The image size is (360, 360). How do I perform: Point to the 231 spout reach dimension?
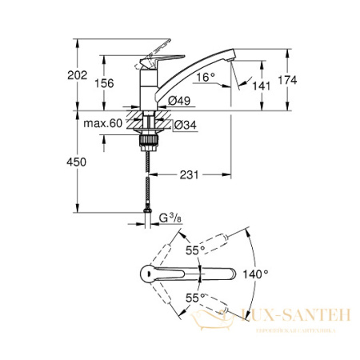[189, 174]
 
